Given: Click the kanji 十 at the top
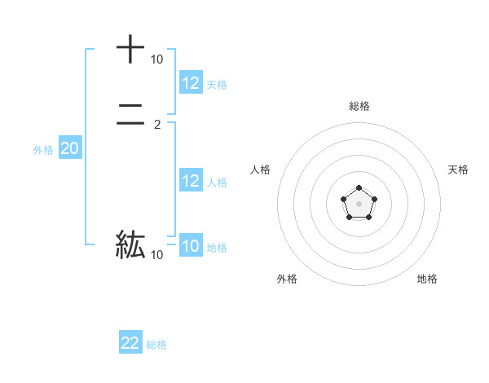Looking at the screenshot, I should tap(130, 49).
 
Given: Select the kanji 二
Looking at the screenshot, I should tap(130, 116).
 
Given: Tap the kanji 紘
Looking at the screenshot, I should tap(130, 244).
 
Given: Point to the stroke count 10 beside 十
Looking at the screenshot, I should tap(156, 59).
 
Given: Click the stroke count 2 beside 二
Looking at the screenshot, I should tap(157, 125).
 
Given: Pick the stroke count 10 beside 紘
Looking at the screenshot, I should tap(156, 255).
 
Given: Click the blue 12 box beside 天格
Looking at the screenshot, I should tap(191, 82).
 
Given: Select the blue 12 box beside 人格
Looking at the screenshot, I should tap(191, 181).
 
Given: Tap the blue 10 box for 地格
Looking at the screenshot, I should tap(191, 246).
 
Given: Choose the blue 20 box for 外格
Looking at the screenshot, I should tap(70, 148).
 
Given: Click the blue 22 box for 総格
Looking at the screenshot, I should tap(130, 343).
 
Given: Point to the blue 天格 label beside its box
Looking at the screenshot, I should tap(217, 84).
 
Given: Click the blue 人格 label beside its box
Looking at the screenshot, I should tap(217, 183).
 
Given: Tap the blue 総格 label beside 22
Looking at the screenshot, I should tap(156, 345).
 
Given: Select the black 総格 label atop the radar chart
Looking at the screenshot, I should tap(359, 106).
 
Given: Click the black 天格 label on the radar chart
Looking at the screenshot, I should tap(458, 169).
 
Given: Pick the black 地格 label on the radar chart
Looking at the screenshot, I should tap(427, 279).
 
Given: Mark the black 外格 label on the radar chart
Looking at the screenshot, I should tap(287, 279).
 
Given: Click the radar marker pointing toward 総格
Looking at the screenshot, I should tap(359, 188).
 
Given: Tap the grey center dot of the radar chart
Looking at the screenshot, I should tap(359, 203).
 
